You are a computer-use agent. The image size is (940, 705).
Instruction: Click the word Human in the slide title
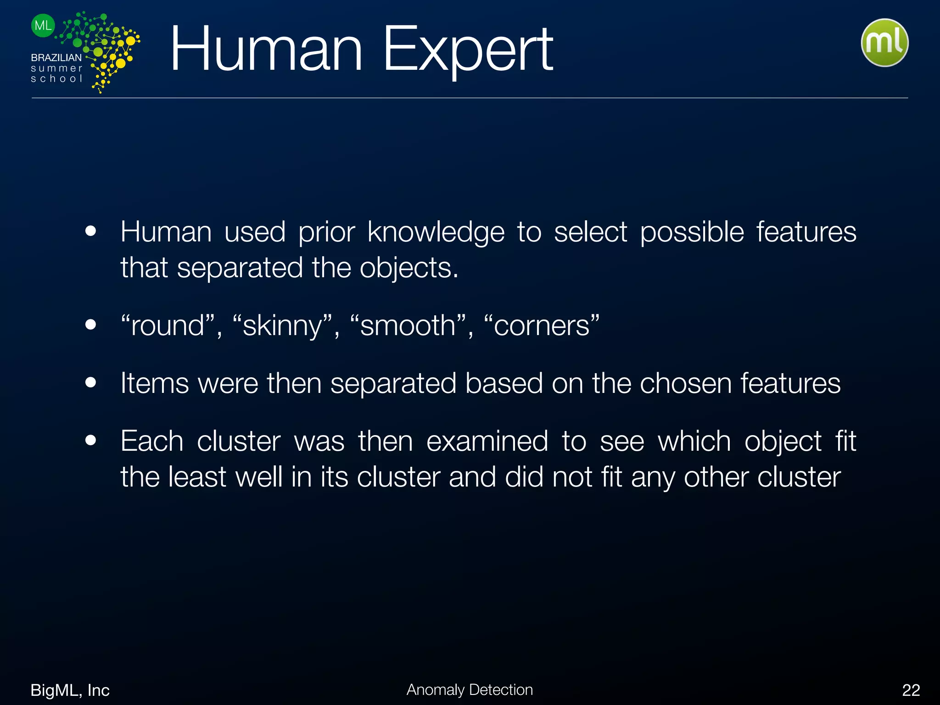tap(266, 50)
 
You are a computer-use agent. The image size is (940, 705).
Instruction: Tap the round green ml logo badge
tap(884, 43)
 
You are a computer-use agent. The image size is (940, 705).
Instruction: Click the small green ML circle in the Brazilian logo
tap(43, 26)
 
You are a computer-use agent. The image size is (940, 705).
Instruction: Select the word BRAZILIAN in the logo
tap(56, 58)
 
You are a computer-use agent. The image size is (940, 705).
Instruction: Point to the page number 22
tap(911, 690)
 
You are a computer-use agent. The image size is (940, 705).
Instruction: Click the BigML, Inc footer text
tap(70, 690)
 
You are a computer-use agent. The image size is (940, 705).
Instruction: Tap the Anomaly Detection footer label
tap(470, 689)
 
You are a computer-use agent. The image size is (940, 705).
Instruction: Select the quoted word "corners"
tap(542, 326)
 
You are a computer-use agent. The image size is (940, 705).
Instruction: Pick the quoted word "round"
tap(168, 326)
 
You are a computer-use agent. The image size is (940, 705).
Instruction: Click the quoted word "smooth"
tap(408, 326)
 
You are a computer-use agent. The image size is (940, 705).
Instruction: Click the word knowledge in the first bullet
tap(436, 232)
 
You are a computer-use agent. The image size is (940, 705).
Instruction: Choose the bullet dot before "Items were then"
tap(91, 382)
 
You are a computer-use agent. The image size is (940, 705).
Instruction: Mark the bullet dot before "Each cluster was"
tap(91, 440)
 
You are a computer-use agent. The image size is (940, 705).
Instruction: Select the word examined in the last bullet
tap(487, 441)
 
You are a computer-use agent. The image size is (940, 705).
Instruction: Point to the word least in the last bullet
tap(197, 477)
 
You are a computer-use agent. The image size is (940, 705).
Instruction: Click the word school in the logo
tap(56, 78)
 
